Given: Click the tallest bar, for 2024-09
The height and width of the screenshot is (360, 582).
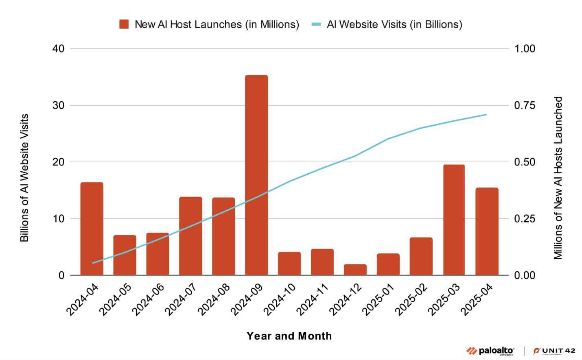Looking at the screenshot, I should [256, 175].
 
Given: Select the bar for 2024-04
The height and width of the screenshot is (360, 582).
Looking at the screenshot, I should [92, 229].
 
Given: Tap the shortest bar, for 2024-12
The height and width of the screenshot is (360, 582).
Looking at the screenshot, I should [355, 270].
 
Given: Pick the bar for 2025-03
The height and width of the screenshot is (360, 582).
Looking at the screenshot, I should [454, 220].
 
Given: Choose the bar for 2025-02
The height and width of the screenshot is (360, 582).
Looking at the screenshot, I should [421, 256].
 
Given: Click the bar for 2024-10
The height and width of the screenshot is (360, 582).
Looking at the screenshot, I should [289, 264].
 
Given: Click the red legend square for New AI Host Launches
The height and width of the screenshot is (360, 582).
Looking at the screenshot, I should [124, 24].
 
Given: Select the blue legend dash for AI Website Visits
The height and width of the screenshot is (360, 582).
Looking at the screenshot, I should [317, 24].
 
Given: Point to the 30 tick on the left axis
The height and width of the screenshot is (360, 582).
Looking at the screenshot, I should [59, 105].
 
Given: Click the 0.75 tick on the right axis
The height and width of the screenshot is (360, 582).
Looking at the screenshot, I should [525, 105].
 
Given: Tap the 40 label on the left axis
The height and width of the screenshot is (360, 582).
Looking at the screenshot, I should [59, 48].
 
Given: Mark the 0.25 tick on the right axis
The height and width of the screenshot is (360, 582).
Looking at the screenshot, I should [525, 219].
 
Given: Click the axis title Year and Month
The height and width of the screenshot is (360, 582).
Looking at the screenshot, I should [289, 336].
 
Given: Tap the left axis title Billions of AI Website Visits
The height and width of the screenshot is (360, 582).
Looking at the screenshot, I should [24, 177].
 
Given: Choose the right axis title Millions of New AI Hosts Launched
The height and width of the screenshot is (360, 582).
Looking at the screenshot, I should [558, 177].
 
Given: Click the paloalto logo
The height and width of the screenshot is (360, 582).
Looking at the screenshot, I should [490, 351].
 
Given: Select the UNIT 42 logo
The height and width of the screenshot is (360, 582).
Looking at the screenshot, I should [554, 351].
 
